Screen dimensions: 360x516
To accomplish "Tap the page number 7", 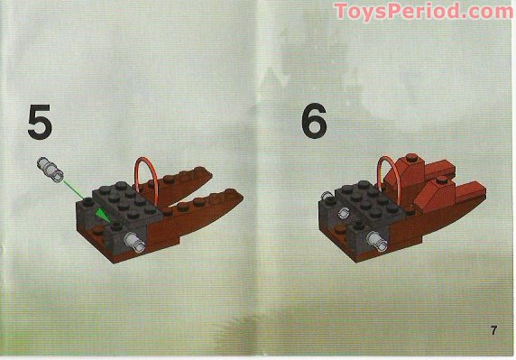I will [493, 329].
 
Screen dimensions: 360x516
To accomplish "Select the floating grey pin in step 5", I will [48, 165].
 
